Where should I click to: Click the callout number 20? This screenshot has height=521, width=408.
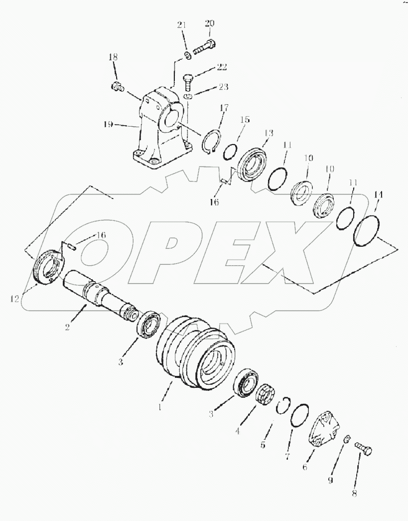click(x=209, y=23)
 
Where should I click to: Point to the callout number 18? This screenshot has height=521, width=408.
click(x=112, y=58)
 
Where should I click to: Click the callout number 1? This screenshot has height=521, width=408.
click(x=159, y=406)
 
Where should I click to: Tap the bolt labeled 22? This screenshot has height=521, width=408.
click(x=188, y=79)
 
